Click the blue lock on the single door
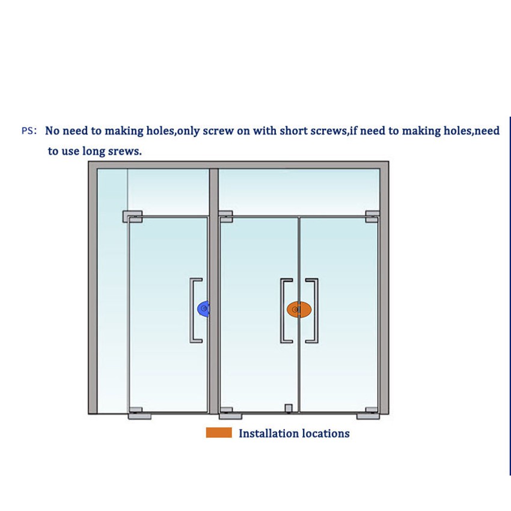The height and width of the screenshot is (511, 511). pyautogui.click(x=203, y=308)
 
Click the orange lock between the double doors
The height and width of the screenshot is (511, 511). pyautogui.click(x=299, y=310)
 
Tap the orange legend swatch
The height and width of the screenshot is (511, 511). pyautogui.click(x=219, y=432)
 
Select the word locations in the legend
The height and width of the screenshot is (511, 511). pyautogui.click(x=326, y=433)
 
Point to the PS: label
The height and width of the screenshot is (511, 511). pyautogui.click(x=29, y=130)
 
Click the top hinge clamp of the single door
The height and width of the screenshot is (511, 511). pyautogui.click(x=132, y=216)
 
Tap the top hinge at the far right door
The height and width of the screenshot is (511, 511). pyautogui.click(x=372, y=216)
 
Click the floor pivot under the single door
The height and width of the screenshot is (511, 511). pyautogui.click(x=139, y=414)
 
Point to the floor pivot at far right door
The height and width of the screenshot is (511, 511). pyautogui.click(x=369, y=414)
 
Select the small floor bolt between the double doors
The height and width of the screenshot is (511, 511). pyautogui.click(x=289, y=409)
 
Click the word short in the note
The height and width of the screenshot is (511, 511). pyautogui.click(x=293, y=130)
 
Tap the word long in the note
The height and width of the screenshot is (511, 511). pyautogui.click(x=99, y=151)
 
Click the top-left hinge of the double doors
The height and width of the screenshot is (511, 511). pyautogui.click(x=226, y=216)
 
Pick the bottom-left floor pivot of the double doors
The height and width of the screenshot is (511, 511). pyautogui.click(x=230, y=414)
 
